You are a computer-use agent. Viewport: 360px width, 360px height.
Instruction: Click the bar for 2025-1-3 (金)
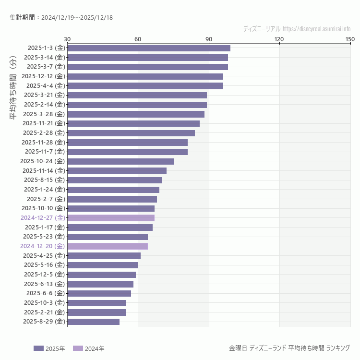tap(149, 48)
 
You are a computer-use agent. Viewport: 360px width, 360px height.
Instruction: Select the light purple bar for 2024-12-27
tap(111, 218)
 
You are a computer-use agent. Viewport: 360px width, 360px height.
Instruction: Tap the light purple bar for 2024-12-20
tap(108, 246)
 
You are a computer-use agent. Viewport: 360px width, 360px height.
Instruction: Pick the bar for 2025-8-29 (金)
tap(94, 322)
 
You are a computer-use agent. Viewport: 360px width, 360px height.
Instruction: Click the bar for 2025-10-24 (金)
tap(120, 161)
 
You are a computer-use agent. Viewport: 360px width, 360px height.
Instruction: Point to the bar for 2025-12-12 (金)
tap(145, 76)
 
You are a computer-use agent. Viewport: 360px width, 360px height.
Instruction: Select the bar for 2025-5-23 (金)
tap(108, 237)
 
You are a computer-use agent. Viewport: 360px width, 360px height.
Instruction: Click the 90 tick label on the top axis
tap(209, 39)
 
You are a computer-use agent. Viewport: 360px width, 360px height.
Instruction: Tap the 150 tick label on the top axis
tap(350, 39)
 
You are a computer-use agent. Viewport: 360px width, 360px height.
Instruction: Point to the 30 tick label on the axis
tap(67, 39)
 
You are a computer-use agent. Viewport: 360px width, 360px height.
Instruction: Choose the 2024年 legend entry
tap(88, 348)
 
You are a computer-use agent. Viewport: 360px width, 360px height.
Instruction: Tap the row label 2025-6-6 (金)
tap(45, 293)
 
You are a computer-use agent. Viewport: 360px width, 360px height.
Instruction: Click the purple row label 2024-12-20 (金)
tap(42, 246)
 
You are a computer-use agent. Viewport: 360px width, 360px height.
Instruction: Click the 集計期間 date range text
tap(61, 18)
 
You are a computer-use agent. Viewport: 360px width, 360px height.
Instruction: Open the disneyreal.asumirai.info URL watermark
tap(316, 29)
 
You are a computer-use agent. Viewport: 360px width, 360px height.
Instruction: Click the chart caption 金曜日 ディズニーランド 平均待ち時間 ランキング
tap(289, 348)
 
